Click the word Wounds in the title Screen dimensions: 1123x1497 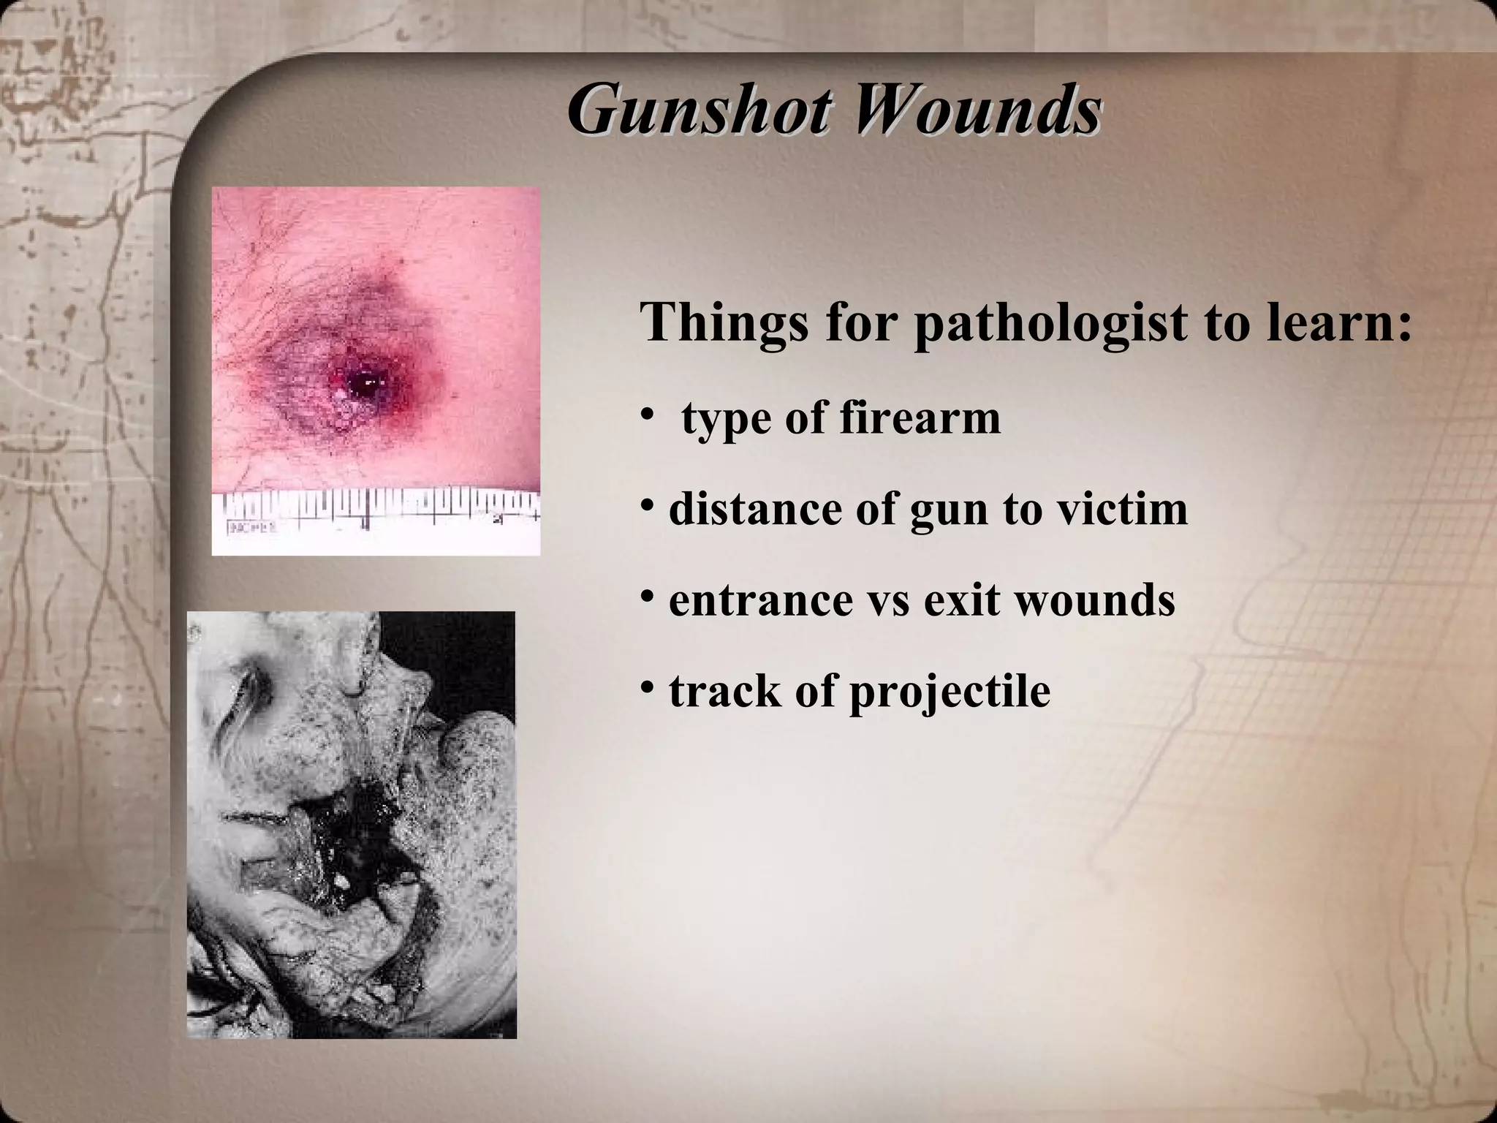973,112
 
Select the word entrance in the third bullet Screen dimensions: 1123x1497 760,601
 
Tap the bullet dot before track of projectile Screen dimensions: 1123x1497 647,687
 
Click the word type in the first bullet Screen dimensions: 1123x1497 727,420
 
